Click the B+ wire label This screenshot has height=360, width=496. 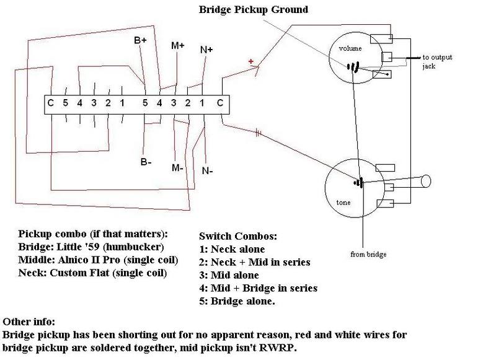pos(141,40)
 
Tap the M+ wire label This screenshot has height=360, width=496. pos(178,46)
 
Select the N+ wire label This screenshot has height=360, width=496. pos(206,50)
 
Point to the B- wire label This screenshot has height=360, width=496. pos(145,162)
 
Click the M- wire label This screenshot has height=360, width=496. pos(178,168)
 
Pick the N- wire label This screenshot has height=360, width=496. pos(207,170)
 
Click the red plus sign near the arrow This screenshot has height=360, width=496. pos(250,61)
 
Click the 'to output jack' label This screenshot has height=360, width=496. pos(437,61)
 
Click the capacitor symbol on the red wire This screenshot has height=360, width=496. pos(258,131)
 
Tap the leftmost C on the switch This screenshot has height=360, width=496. pos(51,102)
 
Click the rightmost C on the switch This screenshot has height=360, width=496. pos(219,103)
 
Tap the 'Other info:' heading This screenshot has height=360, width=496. pos(30,322)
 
